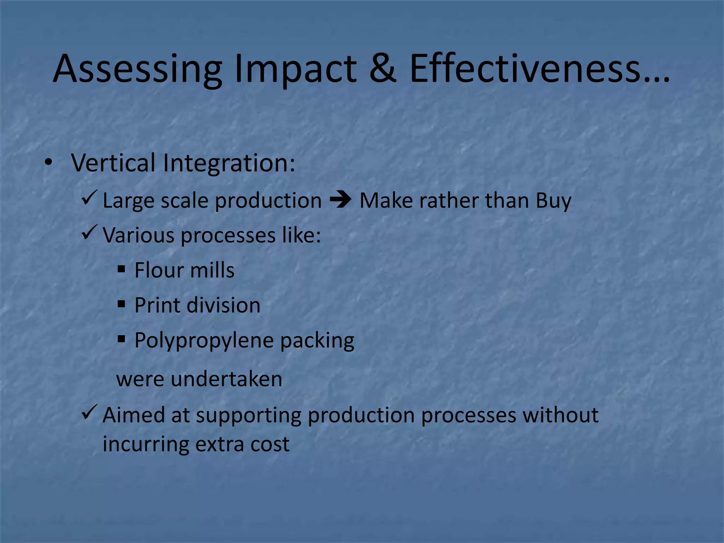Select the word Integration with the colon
click(229, 163)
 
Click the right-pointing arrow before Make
click(340, 200)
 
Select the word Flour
click(157, 270)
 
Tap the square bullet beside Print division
click(121, 304)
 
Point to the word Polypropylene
click(204, 341)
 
